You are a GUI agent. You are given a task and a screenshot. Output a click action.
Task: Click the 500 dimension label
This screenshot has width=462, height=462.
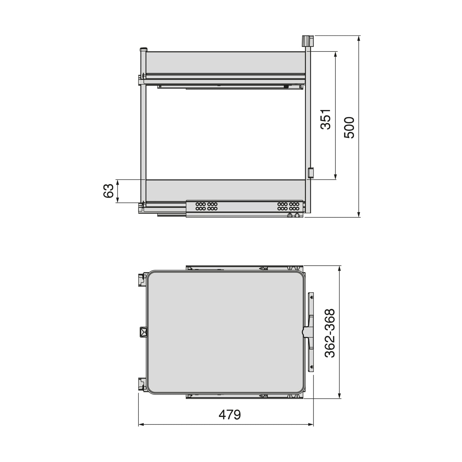coord(349,127)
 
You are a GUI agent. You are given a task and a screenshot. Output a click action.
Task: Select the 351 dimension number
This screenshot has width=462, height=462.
coord(326,119)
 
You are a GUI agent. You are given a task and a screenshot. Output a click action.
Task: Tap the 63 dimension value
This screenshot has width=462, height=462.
coord(108,191)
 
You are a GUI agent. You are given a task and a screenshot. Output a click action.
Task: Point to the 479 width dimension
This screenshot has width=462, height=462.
coord(230,415)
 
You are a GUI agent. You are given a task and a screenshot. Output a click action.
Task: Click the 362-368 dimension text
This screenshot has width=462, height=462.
coord(330,333)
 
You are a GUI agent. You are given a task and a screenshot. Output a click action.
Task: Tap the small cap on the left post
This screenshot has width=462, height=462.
coord(143,50)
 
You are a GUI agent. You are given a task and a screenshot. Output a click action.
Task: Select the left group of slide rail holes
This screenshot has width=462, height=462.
coord(206,206)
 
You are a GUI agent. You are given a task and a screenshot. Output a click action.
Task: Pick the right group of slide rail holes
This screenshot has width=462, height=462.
coord(288,206)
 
